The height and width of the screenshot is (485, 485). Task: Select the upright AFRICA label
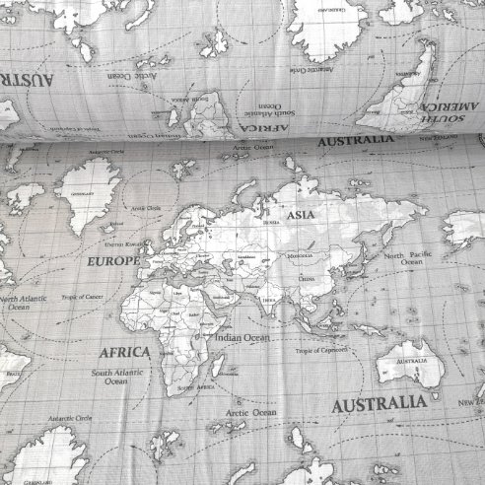(123, 351)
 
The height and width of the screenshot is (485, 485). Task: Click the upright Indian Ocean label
(242, 337)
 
